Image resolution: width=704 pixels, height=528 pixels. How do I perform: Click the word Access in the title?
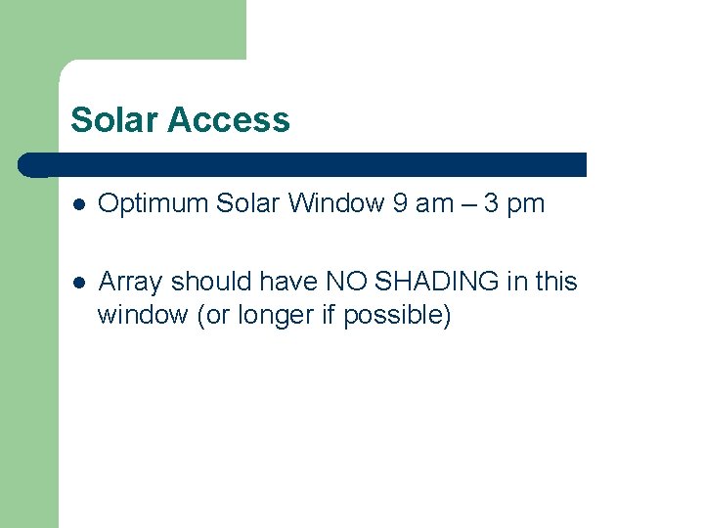coord(229,120)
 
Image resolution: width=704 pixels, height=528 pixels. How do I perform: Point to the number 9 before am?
coord(400,203)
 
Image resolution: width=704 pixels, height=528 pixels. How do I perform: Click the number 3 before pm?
coord(493,203)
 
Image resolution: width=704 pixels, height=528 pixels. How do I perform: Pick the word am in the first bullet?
coord(435,205)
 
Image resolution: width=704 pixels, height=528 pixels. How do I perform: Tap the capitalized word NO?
coord(348,282)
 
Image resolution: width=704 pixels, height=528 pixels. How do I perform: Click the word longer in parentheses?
coord(269,316)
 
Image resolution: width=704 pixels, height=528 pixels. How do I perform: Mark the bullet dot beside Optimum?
coord(78,204)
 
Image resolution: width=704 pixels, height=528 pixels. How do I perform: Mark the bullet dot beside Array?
coord(78,283)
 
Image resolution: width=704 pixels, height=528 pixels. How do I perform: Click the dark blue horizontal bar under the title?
coord(303,164)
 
